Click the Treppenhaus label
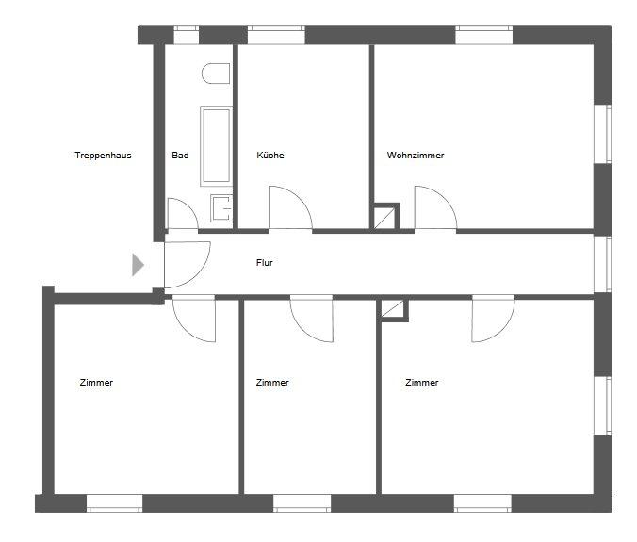[103, 156]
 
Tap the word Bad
[180, 156]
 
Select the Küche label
[270, 156]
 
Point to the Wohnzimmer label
[415, 156]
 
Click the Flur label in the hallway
[265, 263]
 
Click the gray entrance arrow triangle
[138, 265]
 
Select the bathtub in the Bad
[216, 145]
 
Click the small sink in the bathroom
[221, 207]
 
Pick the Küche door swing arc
[290, 207]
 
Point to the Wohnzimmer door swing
[435, 207]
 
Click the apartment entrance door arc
[187, 265]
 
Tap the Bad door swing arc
[182, 215]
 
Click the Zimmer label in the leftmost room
[97, 383]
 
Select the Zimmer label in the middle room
[272, 383]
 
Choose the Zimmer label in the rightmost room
[421, 383]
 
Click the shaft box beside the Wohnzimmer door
[384, 217]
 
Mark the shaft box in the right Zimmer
[393, 309]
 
